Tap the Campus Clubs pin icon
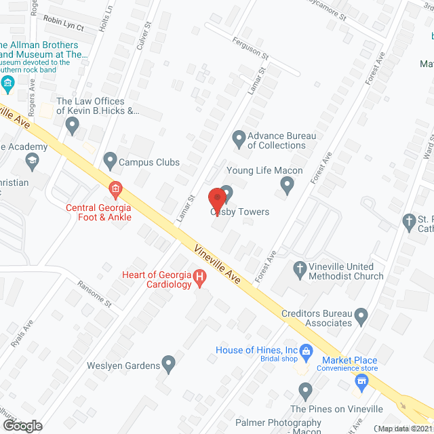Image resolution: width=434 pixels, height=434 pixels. click(110, 161)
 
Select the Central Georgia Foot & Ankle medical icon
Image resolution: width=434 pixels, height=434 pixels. click(115, 188)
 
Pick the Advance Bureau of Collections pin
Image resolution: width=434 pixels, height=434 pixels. click(238, 140)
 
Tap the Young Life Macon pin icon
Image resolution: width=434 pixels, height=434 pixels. click(288, 183)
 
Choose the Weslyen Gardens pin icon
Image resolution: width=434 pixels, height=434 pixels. click(169, 366)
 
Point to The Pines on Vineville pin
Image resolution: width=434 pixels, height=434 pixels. click(306, 391)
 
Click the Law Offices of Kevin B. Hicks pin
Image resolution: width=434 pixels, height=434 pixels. click(73, 124)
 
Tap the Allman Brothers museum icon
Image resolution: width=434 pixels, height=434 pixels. click(8, 84)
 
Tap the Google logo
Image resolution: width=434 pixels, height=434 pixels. click(22, 425)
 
